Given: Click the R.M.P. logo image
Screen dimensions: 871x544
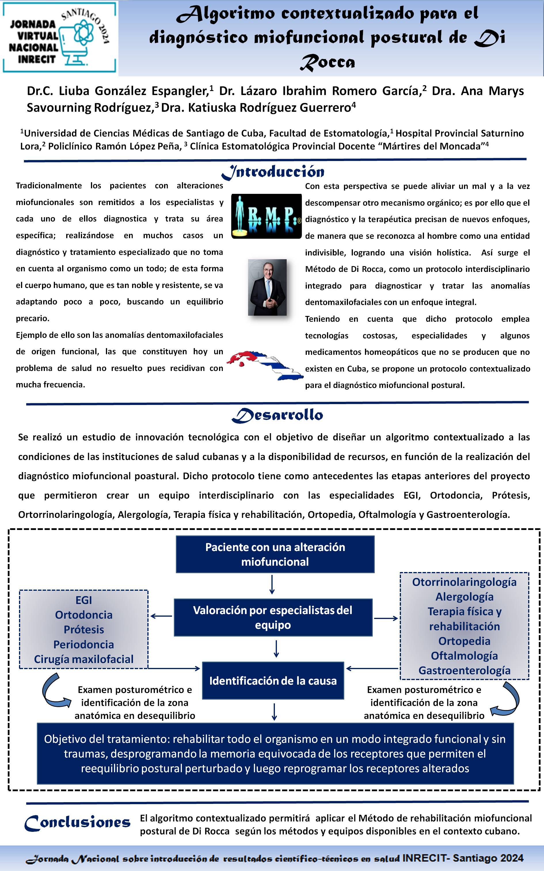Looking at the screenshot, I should coord(266,216).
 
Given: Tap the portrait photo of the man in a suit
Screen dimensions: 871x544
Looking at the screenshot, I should coord(267,287).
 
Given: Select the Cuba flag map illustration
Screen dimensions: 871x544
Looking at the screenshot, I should coord(265,365).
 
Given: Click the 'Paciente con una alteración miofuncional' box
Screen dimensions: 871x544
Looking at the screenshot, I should coord(275,554).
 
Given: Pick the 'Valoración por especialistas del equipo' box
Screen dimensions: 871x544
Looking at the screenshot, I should coord(273,617).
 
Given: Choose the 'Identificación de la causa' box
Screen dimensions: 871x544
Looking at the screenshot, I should coord(273,681).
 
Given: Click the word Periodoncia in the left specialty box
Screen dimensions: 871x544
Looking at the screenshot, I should coord(83,644).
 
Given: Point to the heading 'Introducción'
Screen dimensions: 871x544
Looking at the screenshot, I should coord(273,172).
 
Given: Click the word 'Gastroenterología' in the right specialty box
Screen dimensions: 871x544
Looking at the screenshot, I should coord(464,670).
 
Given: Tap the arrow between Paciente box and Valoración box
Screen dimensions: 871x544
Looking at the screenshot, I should coord(272,584).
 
